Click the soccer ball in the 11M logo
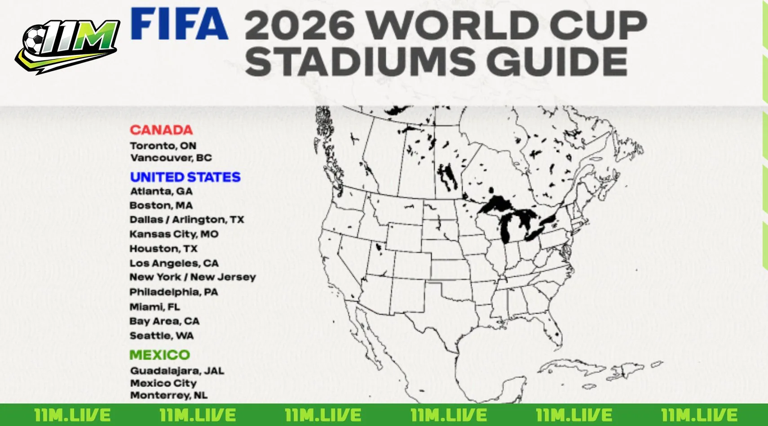(34, 39)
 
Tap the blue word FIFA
(179, 24)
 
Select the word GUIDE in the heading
(557, 61)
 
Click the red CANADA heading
(161, 130)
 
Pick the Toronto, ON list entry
(163, 146)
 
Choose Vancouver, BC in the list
(171, 158)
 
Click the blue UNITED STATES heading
(185, 177)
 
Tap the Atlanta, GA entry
(161, 191)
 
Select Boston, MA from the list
(161, 206)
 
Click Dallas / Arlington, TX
(186, 220)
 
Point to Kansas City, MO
(174, 234)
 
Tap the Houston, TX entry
(163, 249)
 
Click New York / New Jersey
(193, 277)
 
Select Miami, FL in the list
(154, 307)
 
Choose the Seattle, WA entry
(162, 336)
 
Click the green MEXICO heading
(159, 355)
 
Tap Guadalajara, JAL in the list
(177, 371)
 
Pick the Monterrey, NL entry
(169, 395)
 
